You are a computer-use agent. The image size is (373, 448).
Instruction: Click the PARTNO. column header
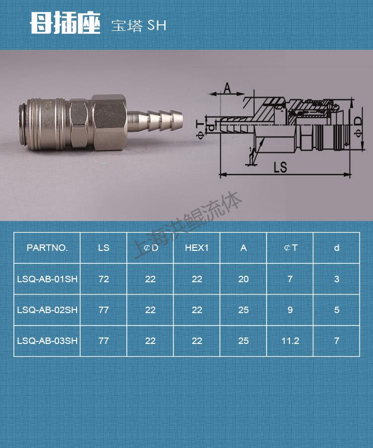point(47,248)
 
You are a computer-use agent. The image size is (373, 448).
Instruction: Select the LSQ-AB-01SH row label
point(47,279)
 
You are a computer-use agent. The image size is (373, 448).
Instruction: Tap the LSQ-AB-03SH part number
point(47,340)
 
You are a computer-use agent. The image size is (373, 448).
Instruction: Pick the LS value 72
point(103,279)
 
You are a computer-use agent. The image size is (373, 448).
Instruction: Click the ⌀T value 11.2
point(290,340)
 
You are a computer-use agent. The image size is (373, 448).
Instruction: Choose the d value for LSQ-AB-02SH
point(337,310)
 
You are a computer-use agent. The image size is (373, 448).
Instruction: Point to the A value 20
point(243,279)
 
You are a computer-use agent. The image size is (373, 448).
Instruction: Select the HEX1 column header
point(196,248)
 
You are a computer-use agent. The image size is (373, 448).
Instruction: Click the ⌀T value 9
point(290,310)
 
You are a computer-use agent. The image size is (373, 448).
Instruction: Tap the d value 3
point(337,279)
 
